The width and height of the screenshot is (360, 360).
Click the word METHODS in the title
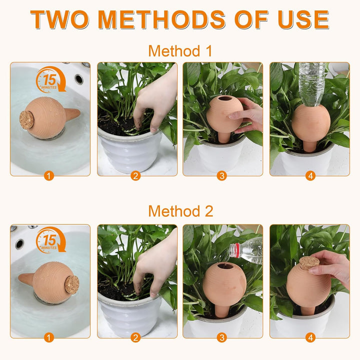[x=161, y=19]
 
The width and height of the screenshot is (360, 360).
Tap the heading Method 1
[x=180, y=51]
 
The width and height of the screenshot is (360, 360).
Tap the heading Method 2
[x=180, y=211]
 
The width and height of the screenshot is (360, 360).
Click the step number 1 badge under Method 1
[x=49, y=176]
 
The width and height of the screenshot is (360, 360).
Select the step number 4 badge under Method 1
[x=310, y=176]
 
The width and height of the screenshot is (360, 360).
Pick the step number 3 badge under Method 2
[x=222, y=337]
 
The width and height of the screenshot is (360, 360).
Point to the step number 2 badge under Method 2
[x=135, y=337]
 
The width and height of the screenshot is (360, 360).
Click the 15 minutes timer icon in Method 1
[x=50, y=79]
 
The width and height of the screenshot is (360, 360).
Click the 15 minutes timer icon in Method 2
[x=50, y=240]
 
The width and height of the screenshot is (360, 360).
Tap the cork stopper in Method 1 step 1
[x=26, y=120]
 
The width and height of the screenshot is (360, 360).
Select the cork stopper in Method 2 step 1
[x=72, y=284]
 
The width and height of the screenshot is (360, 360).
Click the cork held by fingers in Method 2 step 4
[x=309, y=263]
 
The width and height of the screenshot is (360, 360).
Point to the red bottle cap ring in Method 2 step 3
[x=234, y=250]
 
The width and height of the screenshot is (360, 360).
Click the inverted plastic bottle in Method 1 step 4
[x=311, y=84]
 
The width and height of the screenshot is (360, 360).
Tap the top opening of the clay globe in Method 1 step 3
[x=225, y=98]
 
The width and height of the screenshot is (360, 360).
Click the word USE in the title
[x=303, y=19]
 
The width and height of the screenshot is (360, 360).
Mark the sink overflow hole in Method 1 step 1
[x=79, y=79]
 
